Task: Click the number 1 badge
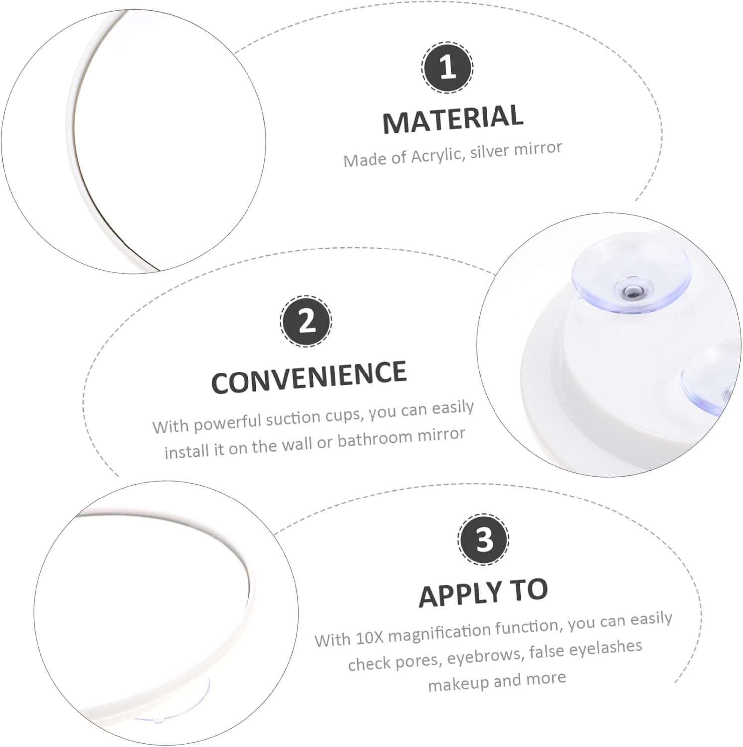pos(447,67)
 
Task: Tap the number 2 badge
pos(306,321)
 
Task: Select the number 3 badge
pos(484,539)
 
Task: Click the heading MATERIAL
pos(453,119)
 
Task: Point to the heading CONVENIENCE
pos(309,377)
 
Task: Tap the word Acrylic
pos(437,155)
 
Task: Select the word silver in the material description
pos(489,151)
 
